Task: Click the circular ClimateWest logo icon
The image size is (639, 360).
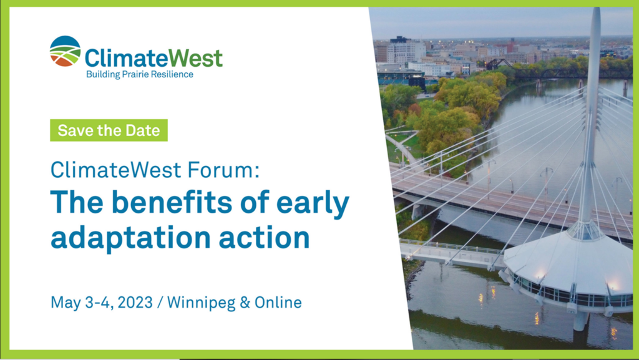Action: (65, 51)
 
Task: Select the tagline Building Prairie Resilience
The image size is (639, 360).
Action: (140, 74)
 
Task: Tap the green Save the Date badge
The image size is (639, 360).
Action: (109, 130)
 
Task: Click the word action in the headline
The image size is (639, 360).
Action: (264, 238)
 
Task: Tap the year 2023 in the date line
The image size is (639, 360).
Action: (135, 303)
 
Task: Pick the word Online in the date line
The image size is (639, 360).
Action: (278, 303)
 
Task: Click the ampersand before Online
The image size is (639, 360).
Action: (245, 303)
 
